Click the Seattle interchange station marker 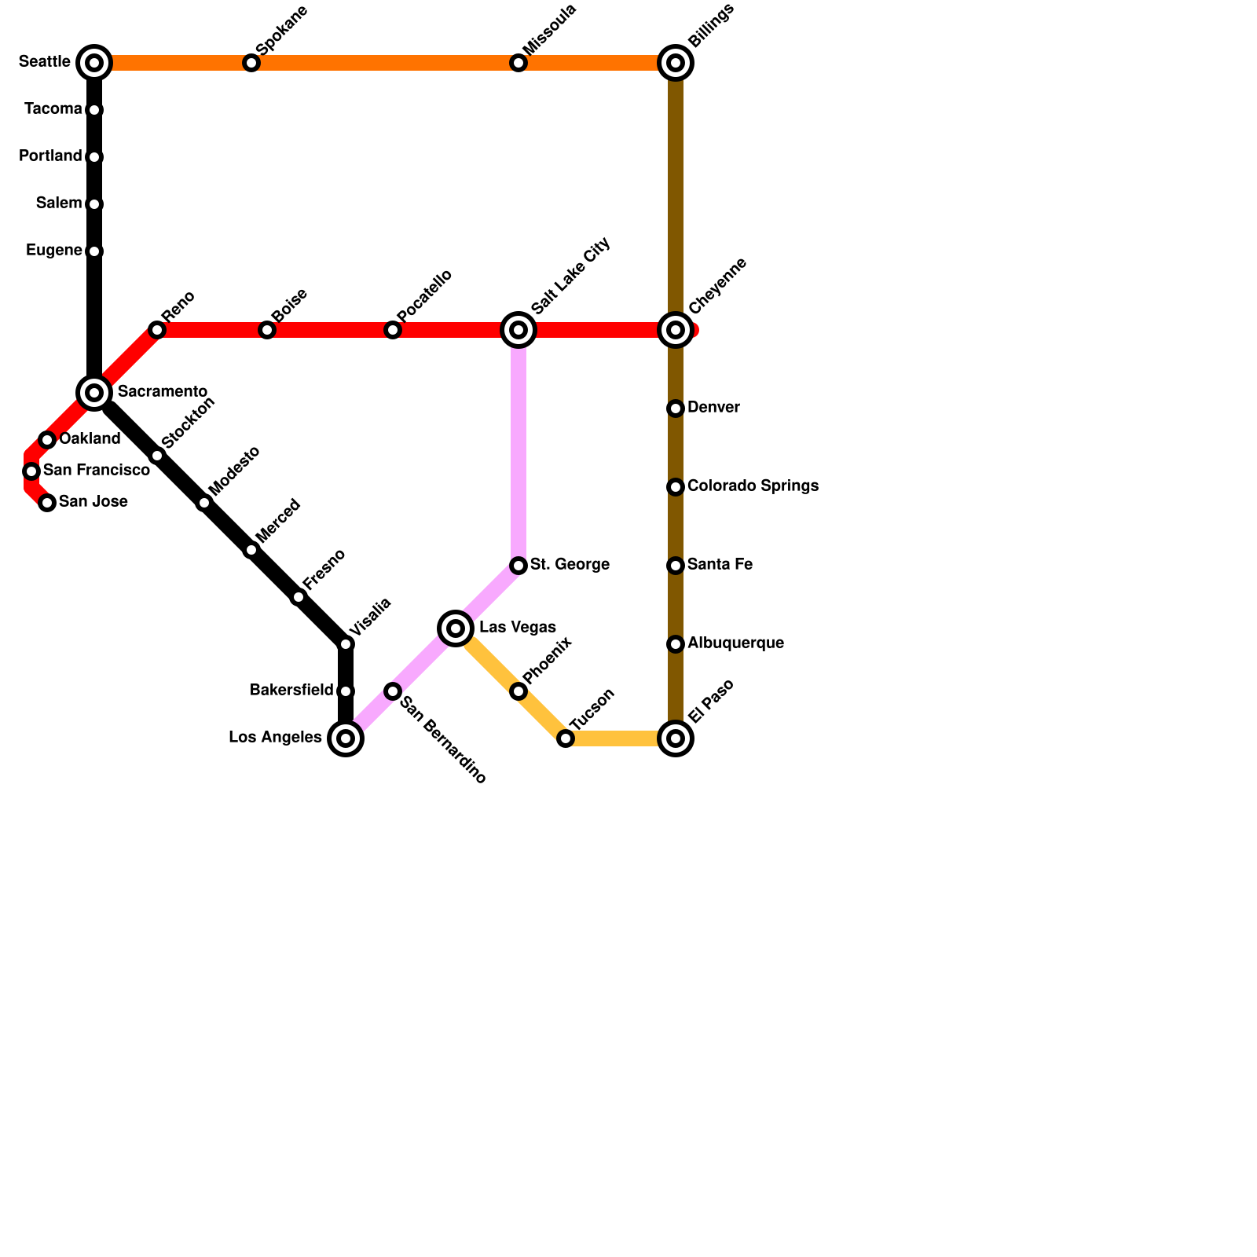[x=94, y=63]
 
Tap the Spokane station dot [x=251, y=63]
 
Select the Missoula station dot [x=519, y=63]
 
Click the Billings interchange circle [x=676, y=63]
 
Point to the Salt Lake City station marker [x=519, y=330]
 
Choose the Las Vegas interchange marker [x=456, y=628]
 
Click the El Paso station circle [x=676, y=738]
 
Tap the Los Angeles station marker [x=346, y=738]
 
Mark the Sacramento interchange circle [x=94, y=393]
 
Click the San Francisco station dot [x=31, y=471]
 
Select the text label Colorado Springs [x=753, y=486]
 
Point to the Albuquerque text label [x=735, y=643]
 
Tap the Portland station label [x=50, y=156]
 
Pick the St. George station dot [x=519, y=566]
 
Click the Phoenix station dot [x=519, y=691]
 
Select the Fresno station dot [x=299, y=597]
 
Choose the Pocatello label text [x=425, y=296]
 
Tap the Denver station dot [x=676, y=409]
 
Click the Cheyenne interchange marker [x=676, y=330]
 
